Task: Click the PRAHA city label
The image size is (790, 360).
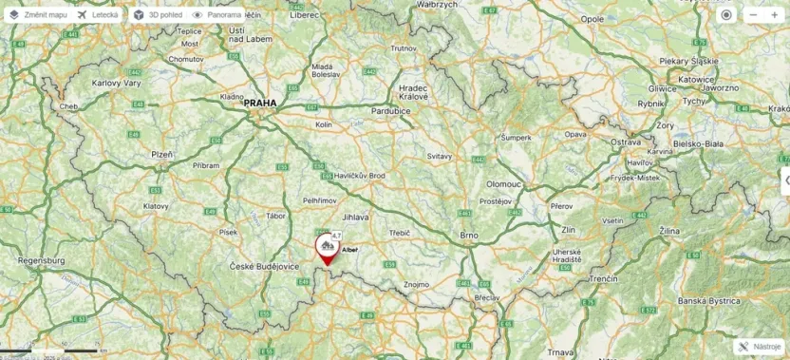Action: [260, 103]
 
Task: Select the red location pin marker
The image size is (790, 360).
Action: [327, 249]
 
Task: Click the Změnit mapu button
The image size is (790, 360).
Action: [38, 15]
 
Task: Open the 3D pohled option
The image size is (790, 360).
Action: [158, 15]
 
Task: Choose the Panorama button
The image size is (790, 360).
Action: [217, 15]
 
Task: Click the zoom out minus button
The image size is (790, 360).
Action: [753, 15]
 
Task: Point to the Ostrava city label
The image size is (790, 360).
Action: [626, 142]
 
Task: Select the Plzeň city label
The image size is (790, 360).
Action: [162, 153]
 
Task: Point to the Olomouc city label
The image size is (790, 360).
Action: [504, 183]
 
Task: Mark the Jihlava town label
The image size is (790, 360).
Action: [355, 218]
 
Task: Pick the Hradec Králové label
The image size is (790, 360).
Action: [413, 91]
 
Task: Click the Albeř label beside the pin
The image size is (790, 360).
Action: [350, 249]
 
